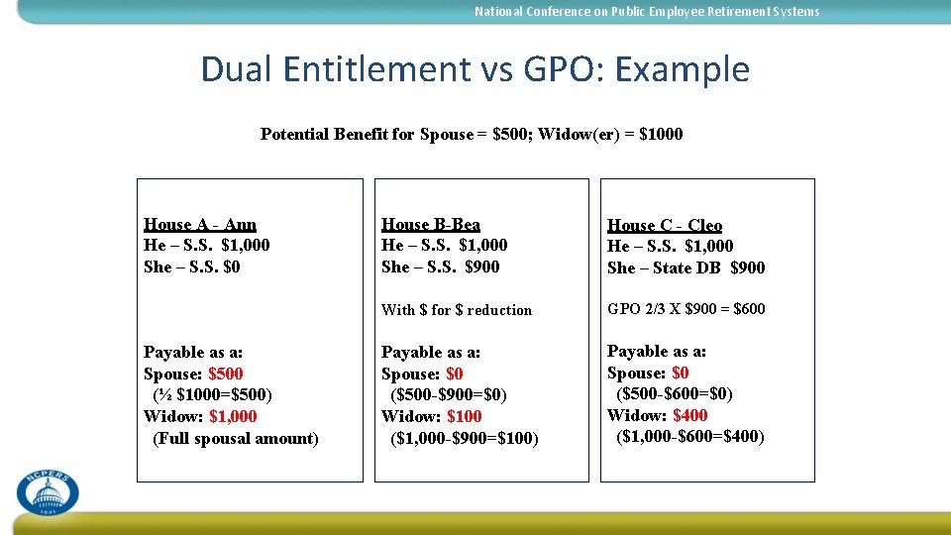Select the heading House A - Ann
[199, 224]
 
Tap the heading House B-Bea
[430, 224]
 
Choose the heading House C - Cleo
[664, 225]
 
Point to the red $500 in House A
[225, 374]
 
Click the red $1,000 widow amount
[233, 416]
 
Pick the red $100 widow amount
[464, 416]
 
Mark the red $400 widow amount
[689, 415]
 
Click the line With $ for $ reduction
[456, 310]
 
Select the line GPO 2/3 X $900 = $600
[686, 309]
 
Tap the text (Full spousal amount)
[236, 438]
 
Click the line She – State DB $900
[686, 267]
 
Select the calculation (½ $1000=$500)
[212, 394]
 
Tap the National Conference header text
[647, 12]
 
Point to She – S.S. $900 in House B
[440, 267]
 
